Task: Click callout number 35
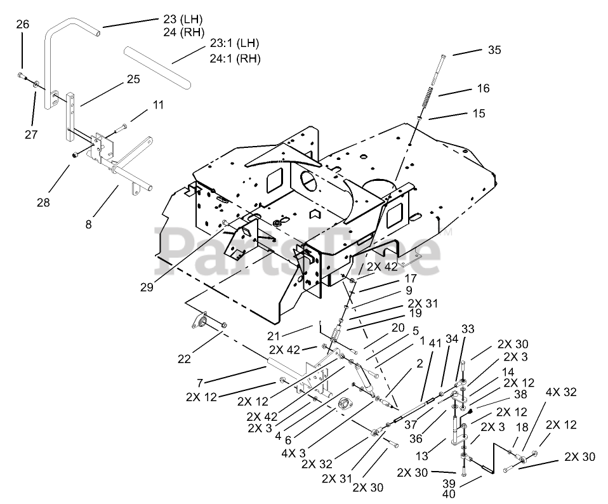494,50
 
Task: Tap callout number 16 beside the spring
483,88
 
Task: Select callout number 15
479,113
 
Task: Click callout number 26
22,25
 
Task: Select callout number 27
32,134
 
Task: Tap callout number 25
133,80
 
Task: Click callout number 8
89,223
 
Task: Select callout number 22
183,359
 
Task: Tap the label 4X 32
560,391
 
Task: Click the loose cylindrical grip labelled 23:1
159,67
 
